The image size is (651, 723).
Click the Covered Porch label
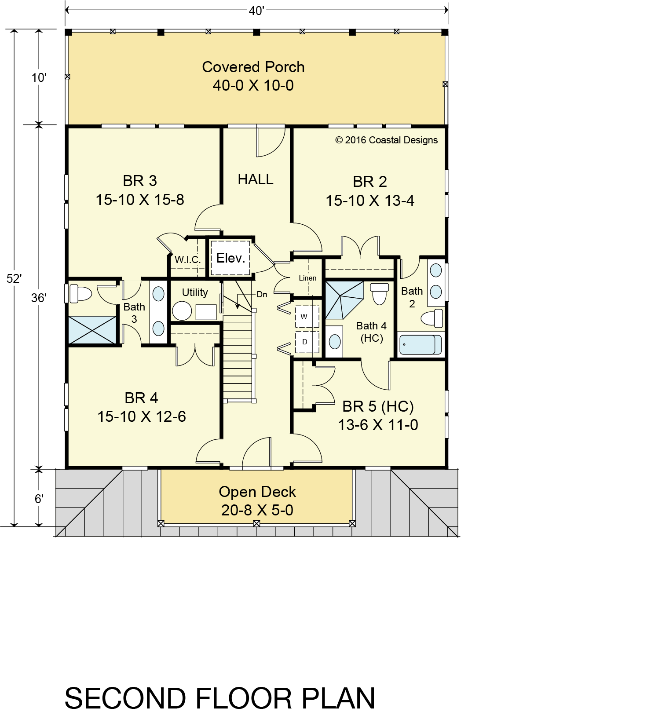pyautogui.click(x=253, y=67)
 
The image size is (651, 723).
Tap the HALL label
pyautogui.click(x=256, y=179)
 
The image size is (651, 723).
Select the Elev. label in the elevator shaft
pyautogui.click(x=230, y=258)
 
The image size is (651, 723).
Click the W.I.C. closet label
pyautogui.click(x=187, y=259)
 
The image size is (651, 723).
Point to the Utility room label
pyautogui.click(x=195, y=292)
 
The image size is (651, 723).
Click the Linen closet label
pyautogui.click(x=307, y=278)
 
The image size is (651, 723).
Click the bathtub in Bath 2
pyautogui.click(x=420, y=345)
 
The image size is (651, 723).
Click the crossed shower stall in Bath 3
pyautogui.click(x=92, y=330)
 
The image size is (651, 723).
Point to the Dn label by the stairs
pyautogui.click(x=262, y=295)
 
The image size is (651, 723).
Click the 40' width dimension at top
pyautogui.click(x=256, y=11)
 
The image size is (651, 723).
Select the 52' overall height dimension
pyautogui.click(x=14, y=278)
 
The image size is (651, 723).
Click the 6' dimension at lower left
pyautogui.click(x=39, y=499)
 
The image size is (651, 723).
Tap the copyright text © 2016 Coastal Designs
pyautogui.click(x=387, y=140)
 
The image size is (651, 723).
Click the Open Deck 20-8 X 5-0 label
pyautogui.click(x=257, y=501)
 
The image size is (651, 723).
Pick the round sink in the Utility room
pyautogui.click(x=182, y=310)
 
